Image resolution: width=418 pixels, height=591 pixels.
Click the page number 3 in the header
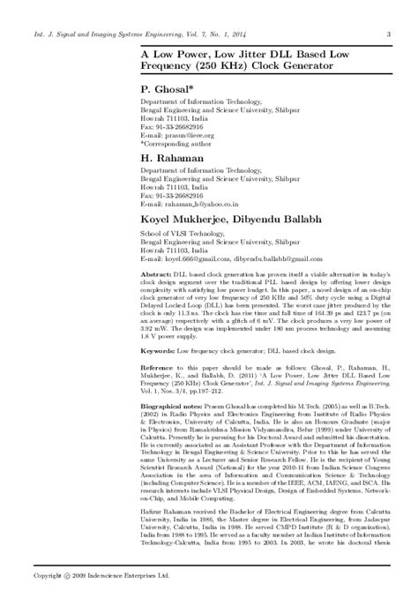390,11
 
